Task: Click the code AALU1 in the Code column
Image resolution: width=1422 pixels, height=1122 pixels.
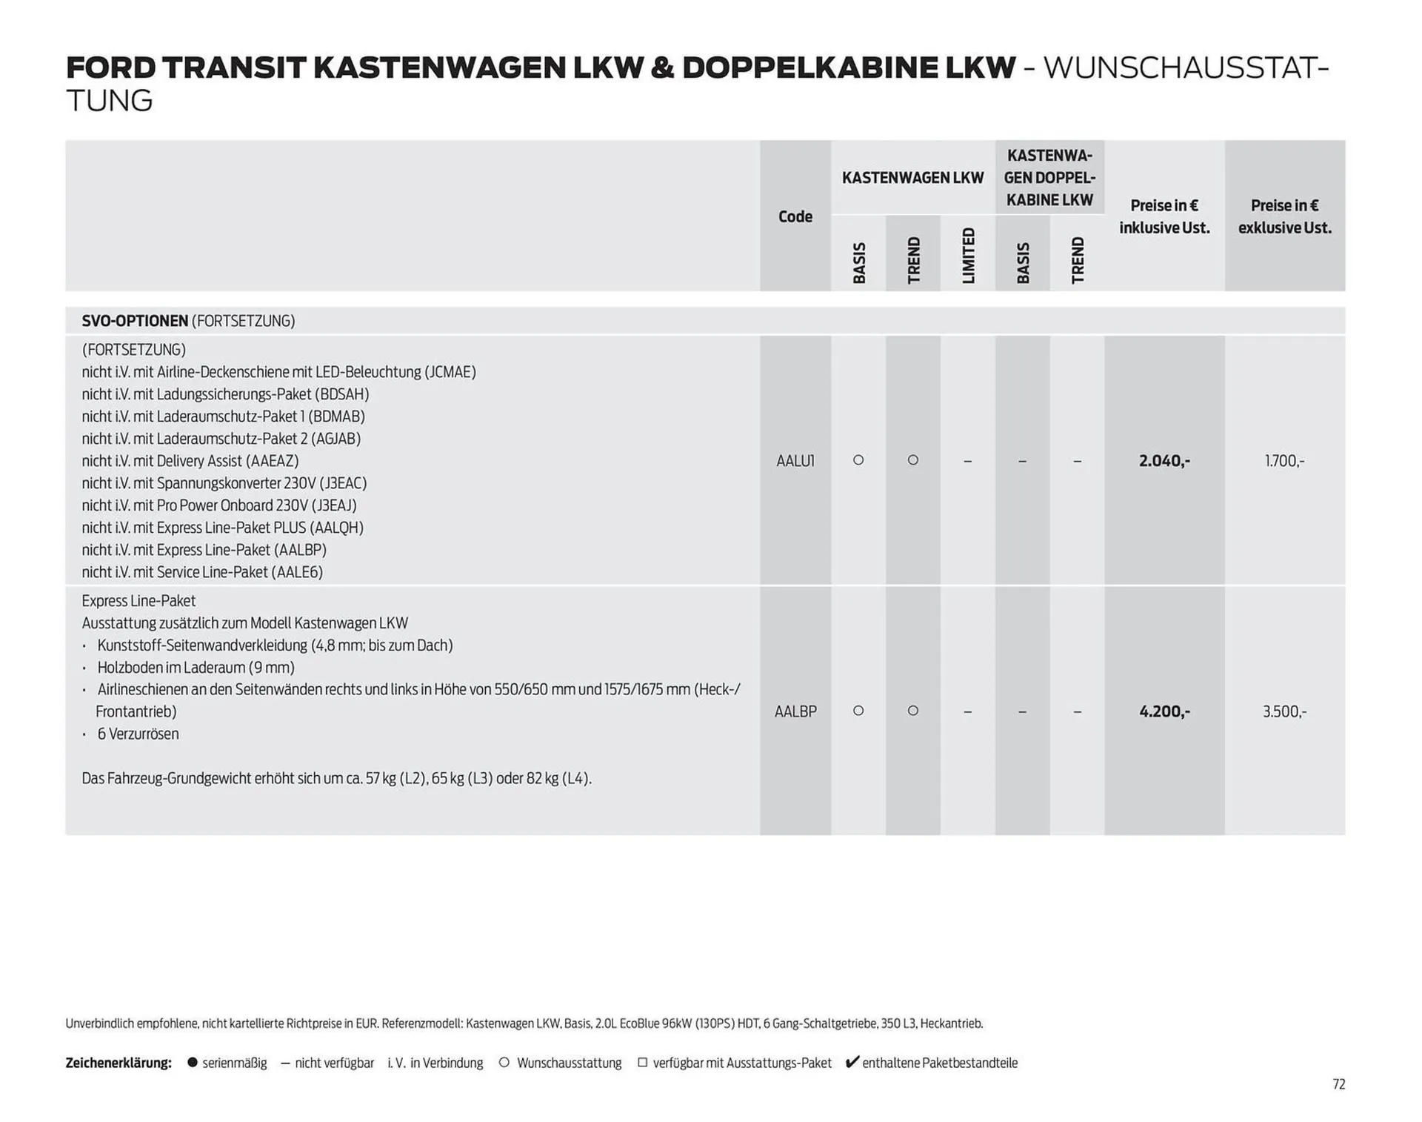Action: [795, 461]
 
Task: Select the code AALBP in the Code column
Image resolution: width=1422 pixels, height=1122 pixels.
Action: [795, 711]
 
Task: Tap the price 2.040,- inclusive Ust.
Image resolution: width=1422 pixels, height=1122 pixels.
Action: [1164, 461]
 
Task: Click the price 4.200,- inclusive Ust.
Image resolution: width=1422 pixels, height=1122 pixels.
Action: [1164, 711]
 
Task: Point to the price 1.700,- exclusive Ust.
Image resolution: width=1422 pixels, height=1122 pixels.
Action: [1284, 461]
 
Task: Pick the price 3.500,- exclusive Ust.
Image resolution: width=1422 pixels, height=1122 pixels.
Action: [1284, 711]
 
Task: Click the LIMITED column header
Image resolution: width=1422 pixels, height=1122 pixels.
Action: [968, 256]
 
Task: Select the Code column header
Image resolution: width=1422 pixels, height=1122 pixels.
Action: [795, 216]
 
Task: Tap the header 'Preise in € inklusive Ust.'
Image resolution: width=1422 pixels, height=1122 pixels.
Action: [1164, 216]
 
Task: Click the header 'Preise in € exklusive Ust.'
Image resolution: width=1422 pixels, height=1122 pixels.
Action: [1284, 216]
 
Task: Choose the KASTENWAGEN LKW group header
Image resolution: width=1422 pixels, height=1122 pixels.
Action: [912, 178]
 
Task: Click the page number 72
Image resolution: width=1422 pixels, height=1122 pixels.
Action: [1338, 1084]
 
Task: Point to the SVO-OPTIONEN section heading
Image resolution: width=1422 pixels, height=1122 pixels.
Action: [135, 321]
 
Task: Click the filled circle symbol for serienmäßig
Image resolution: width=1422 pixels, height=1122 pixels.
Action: [193, 1063]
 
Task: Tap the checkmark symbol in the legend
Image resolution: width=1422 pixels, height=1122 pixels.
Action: [852, 1062]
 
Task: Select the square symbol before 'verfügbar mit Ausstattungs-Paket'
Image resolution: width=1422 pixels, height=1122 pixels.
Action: [642, 1063]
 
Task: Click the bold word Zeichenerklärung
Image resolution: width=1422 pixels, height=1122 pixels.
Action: [118, 1063]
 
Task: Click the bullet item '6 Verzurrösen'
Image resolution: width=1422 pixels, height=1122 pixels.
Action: [138, 734]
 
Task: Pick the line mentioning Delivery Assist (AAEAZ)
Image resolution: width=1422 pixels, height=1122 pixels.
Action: [190, 461]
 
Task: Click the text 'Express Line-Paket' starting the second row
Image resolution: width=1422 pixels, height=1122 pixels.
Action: [138, 601]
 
